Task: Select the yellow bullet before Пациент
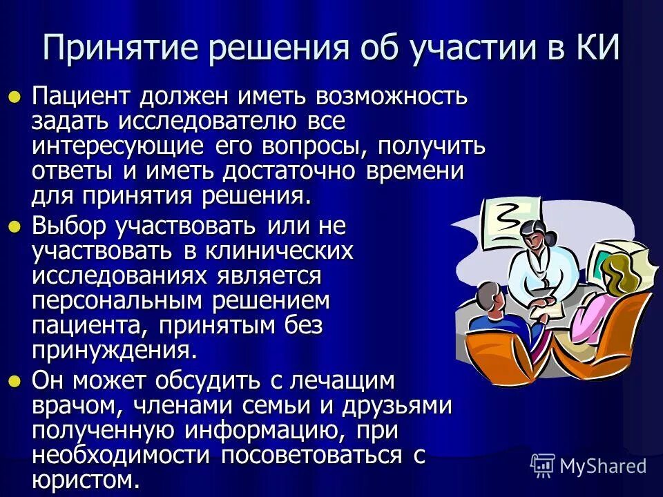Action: [x=15, y=97]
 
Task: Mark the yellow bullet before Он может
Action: [x=15, y=380]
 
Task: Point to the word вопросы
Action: [x=318, y=147]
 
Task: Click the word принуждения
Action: [x=114, y=351]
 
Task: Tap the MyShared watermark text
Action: [x=602, y=465]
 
